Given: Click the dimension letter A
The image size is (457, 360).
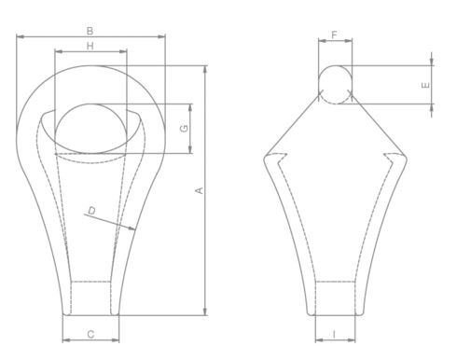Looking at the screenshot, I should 198,190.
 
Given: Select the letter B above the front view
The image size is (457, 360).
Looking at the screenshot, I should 90,31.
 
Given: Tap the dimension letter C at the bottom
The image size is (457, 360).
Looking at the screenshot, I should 90,333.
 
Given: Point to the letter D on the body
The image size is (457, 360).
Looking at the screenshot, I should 90,212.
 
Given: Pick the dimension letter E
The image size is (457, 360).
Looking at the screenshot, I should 425,85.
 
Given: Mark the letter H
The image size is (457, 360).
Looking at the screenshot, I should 90,45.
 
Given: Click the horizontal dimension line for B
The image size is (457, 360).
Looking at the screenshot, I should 56,37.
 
